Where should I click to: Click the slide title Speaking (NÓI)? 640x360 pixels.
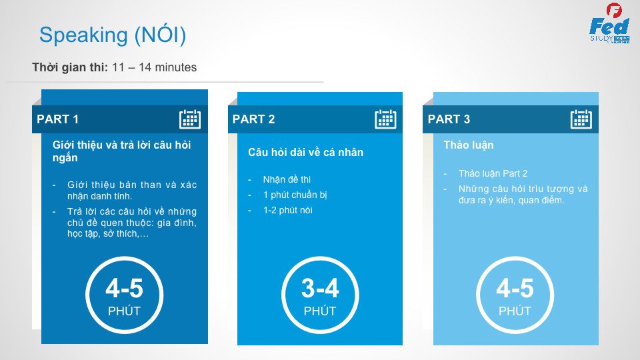coord(113,35)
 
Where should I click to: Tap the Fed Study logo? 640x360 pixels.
coord(609,23)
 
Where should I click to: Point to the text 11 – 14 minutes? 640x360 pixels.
coord(154,67)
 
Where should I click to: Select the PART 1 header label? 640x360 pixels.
coord(57,119)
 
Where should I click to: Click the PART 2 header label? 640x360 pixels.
coord(253,119)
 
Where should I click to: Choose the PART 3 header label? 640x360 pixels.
coord(449,119)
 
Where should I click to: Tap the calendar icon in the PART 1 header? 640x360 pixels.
coord(190,119)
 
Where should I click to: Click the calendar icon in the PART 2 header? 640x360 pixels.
coord(385,119)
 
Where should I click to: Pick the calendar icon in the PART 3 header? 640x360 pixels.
coord(581,119)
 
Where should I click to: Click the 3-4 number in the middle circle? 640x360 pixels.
coord(320,288)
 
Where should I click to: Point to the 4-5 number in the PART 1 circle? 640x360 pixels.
coord(125,288)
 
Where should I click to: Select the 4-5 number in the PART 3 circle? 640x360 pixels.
coord(515,288)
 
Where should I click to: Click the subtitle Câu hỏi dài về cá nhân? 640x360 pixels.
coord(306,152)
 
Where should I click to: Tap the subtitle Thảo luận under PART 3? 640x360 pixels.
coord(469,145)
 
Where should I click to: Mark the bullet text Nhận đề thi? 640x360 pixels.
coord(287,179)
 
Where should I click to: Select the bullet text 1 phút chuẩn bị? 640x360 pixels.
coord(295,195)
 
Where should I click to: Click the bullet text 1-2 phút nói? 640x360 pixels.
coord(288,210)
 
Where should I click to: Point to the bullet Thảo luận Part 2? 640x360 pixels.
coord(493,173)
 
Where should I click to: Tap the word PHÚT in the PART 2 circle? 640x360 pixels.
coord(320,311)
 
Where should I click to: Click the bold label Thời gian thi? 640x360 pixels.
coord(70,67)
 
